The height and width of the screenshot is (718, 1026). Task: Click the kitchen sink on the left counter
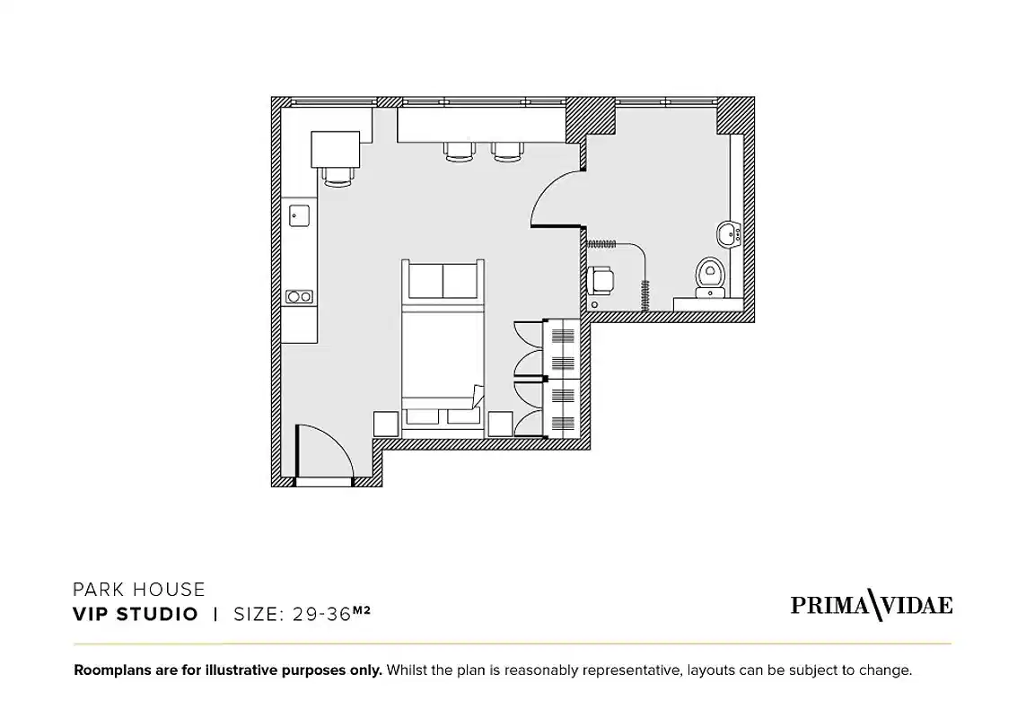click(x=299, y=215)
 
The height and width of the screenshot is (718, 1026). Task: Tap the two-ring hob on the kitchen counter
click(x=299, y=297)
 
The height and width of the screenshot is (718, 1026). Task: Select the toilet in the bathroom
click(x=710, y=275)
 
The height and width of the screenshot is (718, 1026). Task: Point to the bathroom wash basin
click(x=728, y=234)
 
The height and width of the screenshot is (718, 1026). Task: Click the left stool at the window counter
click(x=459, y=152)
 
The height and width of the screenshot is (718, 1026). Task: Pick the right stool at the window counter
click(x=506, y=152)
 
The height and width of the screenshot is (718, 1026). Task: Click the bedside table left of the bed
click(x=386, y=424)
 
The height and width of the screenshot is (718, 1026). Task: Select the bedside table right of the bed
click(x=500, y=424)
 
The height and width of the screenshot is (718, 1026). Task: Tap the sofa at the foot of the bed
click(x=443, y=282)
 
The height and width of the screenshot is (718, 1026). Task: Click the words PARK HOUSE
click(x=139, y=590)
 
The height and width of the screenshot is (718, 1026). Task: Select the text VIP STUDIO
click(x=136, y=615)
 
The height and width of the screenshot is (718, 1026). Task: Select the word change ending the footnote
click(x=885, y=670)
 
